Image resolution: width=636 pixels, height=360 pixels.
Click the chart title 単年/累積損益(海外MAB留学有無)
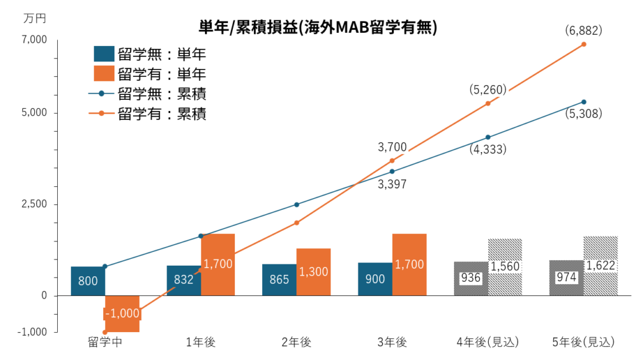318,27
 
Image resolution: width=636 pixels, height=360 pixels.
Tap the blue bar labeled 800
88,281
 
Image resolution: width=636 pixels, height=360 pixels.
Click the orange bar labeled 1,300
314,272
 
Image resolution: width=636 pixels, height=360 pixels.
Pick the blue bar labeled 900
375,279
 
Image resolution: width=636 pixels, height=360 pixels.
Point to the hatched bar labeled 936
471,279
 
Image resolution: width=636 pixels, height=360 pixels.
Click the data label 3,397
392,184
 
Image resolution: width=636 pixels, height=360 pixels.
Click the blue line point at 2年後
297,204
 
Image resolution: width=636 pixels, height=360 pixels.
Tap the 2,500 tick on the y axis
35,204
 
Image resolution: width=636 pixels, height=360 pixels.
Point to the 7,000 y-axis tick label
35,40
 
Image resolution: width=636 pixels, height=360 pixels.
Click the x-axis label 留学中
104,342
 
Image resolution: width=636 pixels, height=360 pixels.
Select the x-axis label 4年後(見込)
488,342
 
